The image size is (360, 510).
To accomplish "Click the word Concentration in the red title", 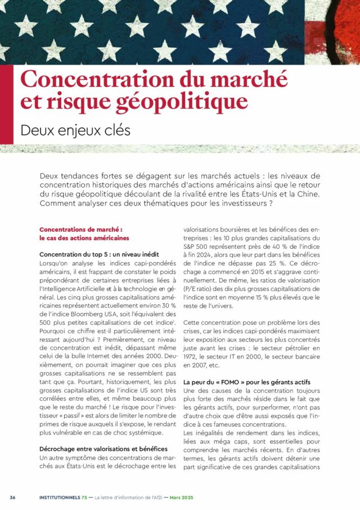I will pos(84,78).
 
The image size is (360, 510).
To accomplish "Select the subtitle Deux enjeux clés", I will pos(75,129).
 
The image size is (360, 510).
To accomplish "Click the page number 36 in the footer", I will pos(12,497).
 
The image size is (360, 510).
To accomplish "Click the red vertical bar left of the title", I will pos(6,104).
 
